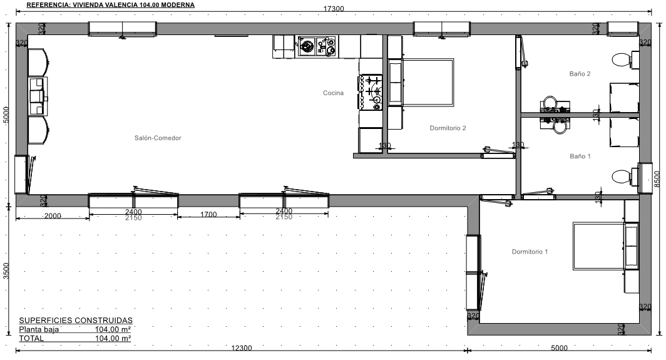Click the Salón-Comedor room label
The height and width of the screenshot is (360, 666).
point(158,138)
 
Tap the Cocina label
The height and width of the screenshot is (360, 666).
point(333,93)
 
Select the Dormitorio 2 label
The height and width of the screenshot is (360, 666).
point(448,128)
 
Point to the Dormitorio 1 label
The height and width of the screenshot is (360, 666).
point(530,252)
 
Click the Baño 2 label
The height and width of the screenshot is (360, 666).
point(580,73)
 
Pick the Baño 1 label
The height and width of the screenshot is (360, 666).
point(580,156)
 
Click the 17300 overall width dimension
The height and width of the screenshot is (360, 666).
point(334,9)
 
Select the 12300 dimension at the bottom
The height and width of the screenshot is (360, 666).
point(241,347)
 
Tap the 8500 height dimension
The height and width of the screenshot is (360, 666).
point(657,179)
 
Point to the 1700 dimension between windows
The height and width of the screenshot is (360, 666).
point(208,215)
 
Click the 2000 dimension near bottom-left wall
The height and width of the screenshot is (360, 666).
point(53,216)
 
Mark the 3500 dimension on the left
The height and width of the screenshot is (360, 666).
point(6,270)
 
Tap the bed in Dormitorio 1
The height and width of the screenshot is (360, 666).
point(605,245)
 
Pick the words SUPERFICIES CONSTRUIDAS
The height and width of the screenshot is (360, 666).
point(76,321)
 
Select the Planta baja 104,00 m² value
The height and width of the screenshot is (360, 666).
point(113,329)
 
